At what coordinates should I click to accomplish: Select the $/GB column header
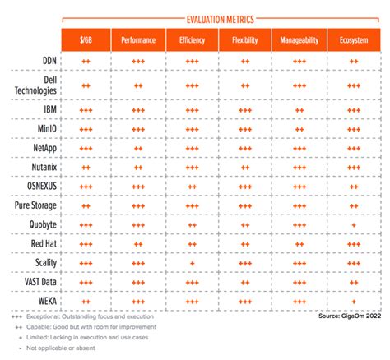coord(86,40)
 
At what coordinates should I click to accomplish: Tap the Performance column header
coord(138,40)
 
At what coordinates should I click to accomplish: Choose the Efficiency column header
coord(192,40)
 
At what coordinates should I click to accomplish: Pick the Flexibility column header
coord(245,40)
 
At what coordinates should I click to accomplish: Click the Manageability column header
coord(299,40)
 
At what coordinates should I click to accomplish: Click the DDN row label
coord(44,60)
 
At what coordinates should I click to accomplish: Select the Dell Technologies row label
coord(35,85)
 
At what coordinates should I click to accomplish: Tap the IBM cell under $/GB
coord(86,109)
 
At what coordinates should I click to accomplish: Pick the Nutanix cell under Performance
coord(138,167)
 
